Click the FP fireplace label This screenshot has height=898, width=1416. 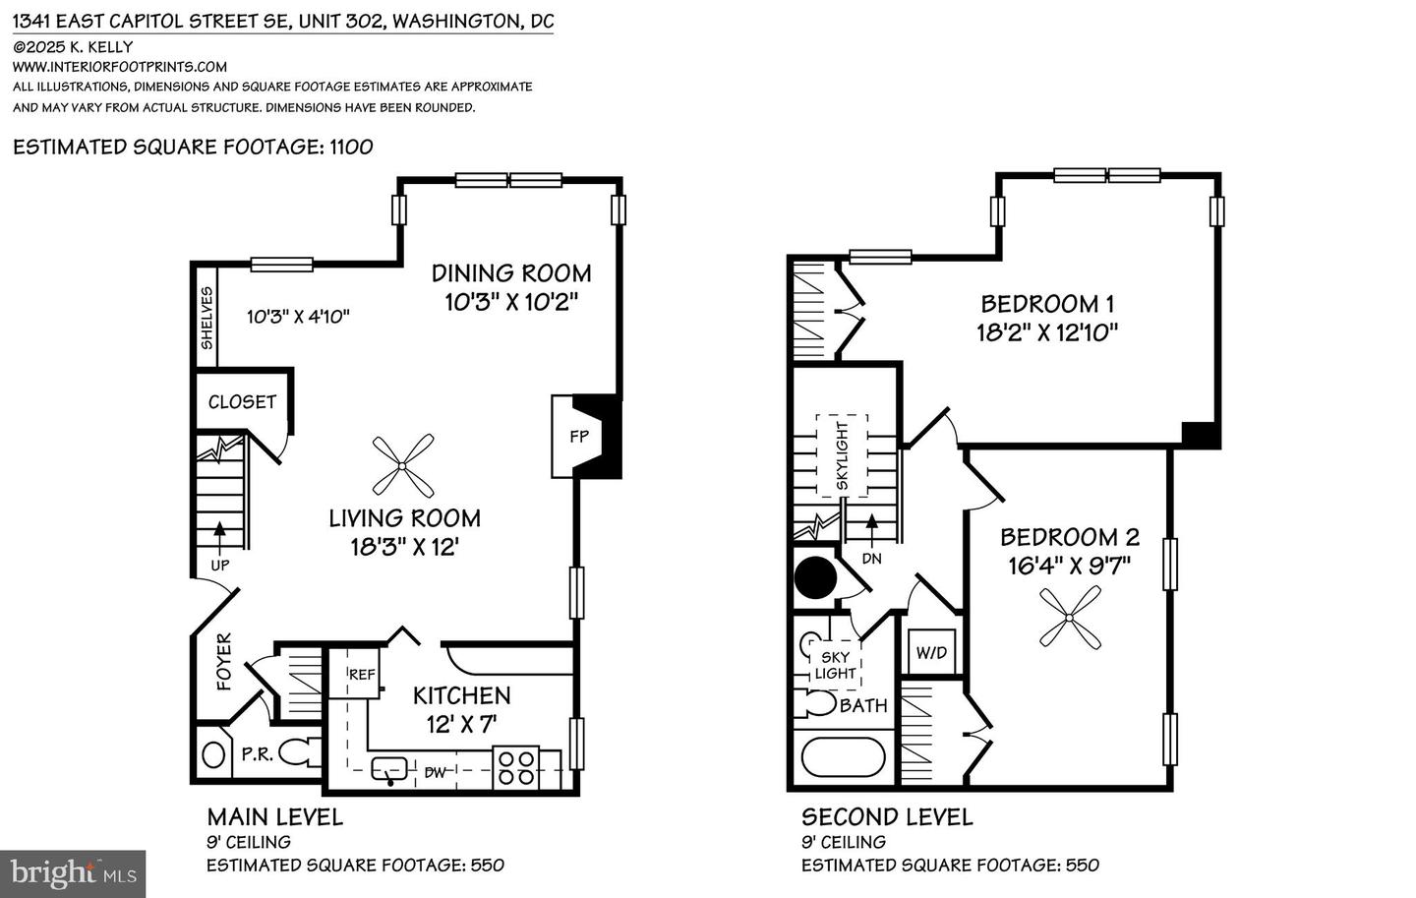(x=579, y=436)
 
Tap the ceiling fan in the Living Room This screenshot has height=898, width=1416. (x=403, y=465)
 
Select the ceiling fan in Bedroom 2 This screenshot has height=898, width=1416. (x=1070, y=618)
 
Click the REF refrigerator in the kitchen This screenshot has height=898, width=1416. (x=361, y=675)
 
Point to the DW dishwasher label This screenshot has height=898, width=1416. (x=435, y=772)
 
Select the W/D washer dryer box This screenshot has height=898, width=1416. (x=931, y=652)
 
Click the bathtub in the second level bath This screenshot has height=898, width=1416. (x=844, y=757)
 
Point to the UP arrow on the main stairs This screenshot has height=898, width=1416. (x=219, y=532)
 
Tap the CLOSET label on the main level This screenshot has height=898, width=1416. (x=242, y=401)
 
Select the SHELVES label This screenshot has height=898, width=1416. (x=206, y=318)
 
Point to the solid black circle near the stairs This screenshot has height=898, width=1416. (x=814, y=578)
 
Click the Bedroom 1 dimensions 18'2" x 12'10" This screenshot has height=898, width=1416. (x=1047, y=332)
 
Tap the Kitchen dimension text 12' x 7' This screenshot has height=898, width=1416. (x=461, y=724)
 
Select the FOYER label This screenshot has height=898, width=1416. (x=224, y=662)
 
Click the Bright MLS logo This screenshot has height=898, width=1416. (x=73, y=872)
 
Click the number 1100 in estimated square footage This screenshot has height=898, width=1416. (x=351, y=148)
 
